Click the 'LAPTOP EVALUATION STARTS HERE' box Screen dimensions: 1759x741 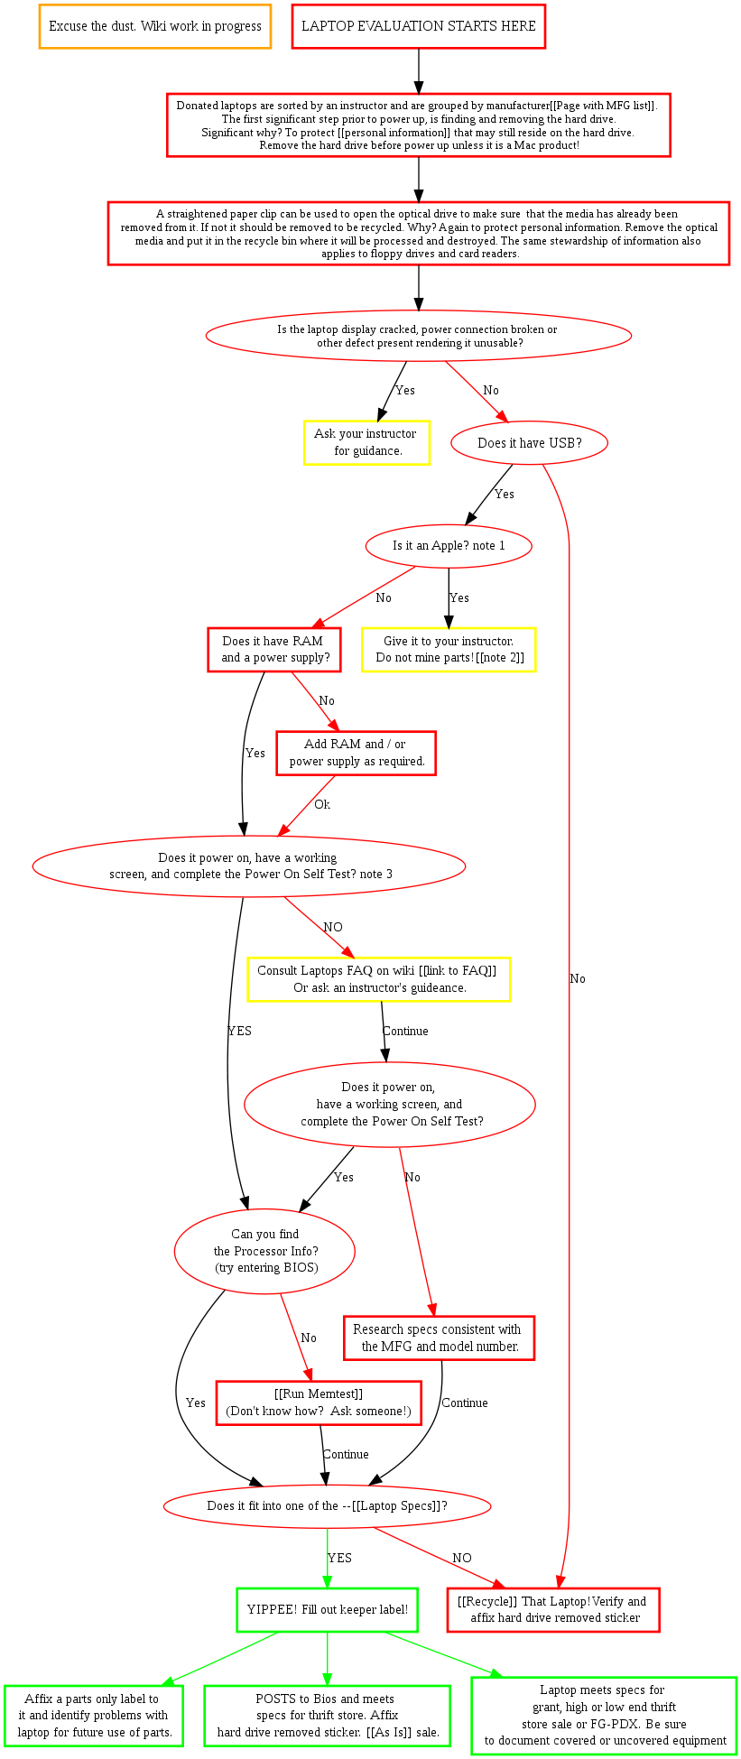(x=418, y=26)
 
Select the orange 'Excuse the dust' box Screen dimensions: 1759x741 (x=155, y=26)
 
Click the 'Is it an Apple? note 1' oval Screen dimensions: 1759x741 (x=449, y=546)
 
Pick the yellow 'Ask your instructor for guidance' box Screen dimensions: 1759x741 (x=366, y=442)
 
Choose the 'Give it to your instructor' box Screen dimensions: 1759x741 (x=449, y=649)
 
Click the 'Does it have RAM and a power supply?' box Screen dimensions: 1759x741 (x=274, y=649)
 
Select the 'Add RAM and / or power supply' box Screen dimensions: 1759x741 (x=356, y=753)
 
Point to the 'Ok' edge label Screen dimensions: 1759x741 (x=322, y=804)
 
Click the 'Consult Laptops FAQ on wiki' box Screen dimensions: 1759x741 (x=379, y=979)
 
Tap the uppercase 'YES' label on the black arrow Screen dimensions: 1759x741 (x=239, y=1031)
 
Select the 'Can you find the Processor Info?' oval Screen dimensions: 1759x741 (x=264, y=1251)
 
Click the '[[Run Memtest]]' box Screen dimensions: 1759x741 (x=319, y=1403)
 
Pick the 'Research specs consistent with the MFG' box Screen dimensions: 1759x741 (x=439, y=1338)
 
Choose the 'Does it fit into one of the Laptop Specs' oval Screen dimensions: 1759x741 (x=328, y=1505)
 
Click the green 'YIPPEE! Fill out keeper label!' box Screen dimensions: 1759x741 (x=327, y=1609)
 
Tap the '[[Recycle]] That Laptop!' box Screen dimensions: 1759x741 (x=553, y=1609)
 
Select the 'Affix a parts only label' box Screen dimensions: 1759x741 (x=93, y=1716)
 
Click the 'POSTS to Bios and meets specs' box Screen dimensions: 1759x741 (x=327, y=1716)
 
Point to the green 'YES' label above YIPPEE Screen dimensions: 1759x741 (x=339, y=1558)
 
